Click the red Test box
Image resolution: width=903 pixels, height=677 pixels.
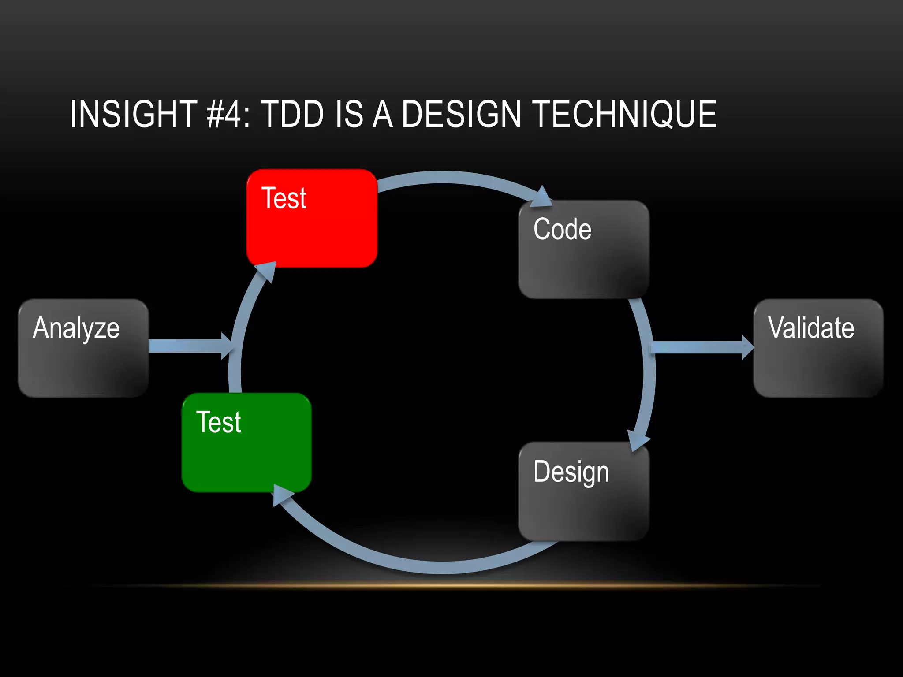(x=312, y=219)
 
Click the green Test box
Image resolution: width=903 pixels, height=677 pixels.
(x=247, y=443)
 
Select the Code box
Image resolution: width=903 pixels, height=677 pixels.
(x=583, y=249)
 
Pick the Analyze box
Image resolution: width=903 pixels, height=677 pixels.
(x=83, y=348)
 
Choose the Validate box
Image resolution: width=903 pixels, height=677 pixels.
(x=818, y=348)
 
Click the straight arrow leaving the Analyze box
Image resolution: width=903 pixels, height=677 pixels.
(x=185, y=346)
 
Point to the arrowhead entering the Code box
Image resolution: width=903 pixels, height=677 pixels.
(x=541, y=198)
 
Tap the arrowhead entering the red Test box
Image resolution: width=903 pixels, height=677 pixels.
(x=266, y=271)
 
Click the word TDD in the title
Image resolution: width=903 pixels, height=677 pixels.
(x=292, y=114)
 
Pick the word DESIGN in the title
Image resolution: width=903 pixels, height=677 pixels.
(x=461, y=114)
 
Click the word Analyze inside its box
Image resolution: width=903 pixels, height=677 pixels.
(x=76, y=328)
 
